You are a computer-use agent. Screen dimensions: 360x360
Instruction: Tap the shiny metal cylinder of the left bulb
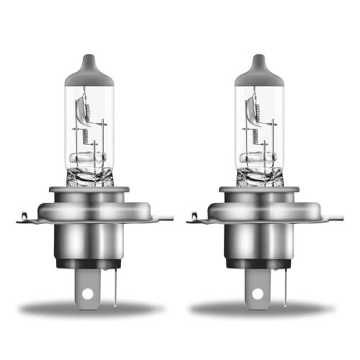[x=90, y=241]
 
